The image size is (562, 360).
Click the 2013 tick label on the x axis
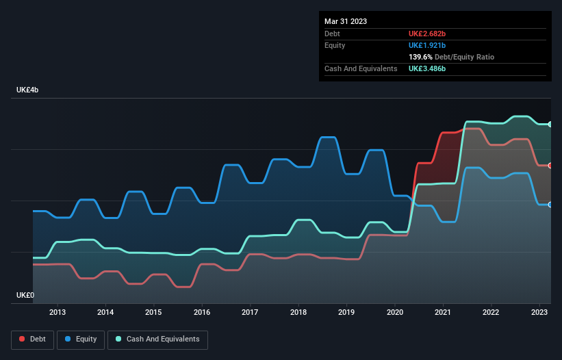58,312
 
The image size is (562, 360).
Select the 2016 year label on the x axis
202,312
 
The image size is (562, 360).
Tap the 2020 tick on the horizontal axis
395,312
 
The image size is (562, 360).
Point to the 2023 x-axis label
539,312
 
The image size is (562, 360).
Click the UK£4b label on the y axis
28,90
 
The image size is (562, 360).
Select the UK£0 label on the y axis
25,296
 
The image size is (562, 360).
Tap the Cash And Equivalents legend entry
157,339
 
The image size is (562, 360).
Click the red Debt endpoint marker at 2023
550,166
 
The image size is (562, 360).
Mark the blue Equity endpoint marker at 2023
550,205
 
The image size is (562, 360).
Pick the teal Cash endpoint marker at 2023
550,124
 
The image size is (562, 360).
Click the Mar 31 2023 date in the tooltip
346,21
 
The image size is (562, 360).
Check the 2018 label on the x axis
298,312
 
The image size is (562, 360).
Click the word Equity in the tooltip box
335,45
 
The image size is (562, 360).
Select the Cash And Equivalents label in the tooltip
361,69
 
